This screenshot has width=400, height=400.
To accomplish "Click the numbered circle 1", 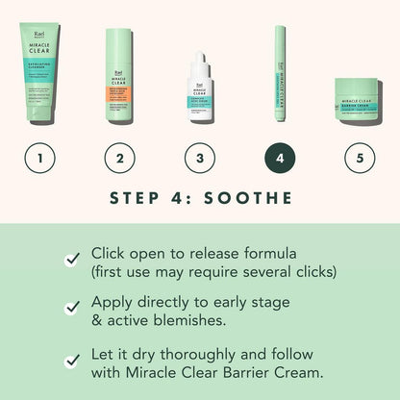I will (x=39, y=157).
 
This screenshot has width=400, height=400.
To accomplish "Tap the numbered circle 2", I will (x=119, y=157).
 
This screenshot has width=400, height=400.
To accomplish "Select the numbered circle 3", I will (x=199, y=157).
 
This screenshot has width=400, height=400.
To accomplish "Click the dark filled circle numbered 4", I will (x=280, y=157).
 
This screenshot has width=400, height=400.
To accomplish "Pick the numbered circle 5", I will (x=360, y=157).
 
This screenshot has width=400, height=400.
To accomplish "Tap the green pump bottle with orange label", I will (x=119, y=82).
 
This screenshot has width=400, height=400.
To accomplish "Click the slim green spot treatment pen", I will (x=280, y=77).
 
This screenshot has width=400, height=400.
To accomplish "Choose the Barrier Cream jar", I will (x=360, y=109).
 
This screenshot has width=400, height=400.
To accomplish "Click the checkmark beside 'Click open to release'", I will (x=71, y=259).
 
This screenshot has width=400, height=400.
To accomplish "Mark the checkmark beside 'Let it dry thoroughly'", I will (x=71, y=360).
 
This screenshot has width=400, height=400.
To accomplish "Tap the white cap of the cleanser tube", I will (x=39, y=120).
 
